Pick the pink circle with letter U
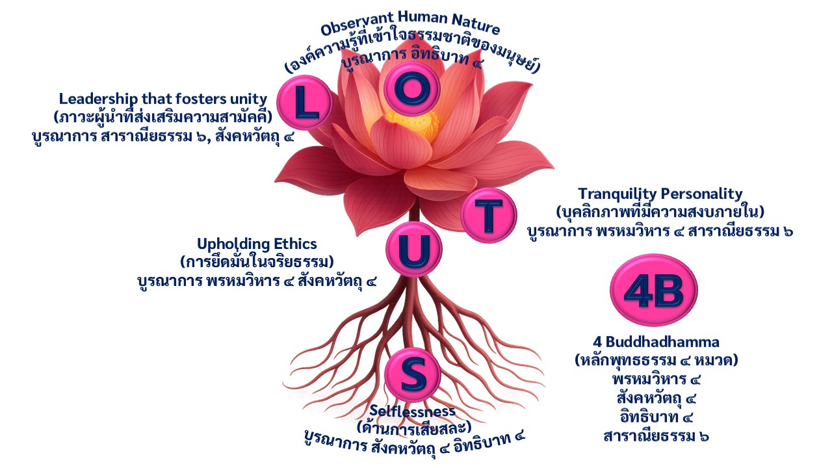tap(414, 249)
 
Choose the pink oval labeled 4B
tap(654, 290)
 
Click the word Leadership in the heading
tap(96, 99)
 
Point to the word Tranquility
tap(618, 194)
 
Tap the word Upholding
tap(228, 244)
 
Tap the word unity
tap(249, 99)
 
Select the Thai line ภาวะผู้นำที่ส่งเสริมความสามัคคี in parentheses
tap(162, 117)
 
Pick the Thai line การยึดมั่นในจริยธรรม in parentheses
tap(257, 263)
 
